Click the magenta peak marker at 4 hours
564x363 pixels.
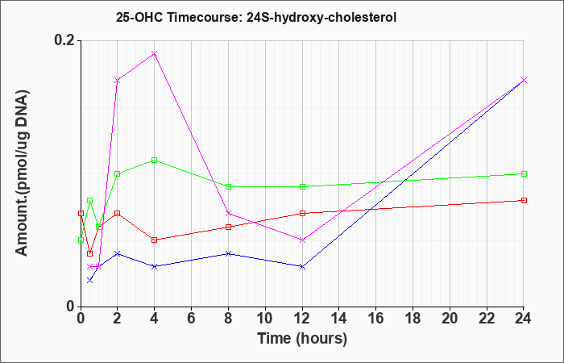click(155, 54)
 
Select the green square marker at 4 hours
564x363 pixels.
click(155, 160)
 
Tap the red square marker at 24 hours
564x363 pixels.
click(524, 200)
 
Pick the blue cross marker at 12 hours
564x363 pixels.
click(302, 266)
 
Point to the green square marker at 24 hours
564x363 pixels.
click(524, 173)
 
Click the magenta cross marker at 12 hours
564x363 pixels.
click(302, 240)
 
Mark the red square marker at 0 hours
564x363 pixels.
click(81, 213)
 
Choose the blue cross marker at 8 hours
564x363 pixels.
click(228, 253)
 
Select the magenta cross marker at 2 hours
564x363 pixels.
click(118, 81)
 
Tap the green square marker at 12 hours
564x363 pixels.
click(302, 186)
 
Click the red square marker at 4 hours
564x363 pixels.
click(155, 240)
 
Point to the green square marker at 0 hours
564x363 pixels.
click(81, 240)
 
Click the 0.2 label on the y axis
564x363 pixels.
click(64, 40)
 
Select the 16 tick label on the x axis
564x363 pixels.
click(376, 319)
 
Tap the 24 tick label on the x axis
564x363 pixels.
click(524, 319)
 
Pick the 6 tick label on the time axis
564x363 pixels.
click(192, 319)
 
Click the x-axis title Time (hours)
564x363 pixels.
click(302, 339)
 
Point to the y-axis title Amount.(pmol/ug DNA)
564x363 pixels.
click(22, 173)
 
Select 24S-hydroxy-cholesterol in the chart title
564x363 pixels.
click(321, 17)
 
